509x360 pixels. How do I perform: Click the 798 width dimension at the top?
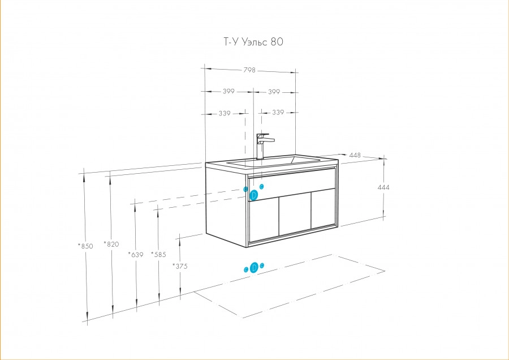[249, 71]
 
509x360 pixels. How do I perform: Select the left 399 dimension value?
[228, 91]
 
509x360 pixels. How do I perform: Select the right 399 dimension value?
[274, 91]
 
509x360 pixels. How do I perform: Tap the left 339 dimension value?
[225, 113]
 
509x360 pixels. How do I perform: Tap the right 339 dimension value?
[278, 113]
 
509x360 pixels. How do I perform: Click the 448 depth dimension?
[355, 155]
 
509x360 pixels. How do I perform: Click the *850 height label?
[86, 246]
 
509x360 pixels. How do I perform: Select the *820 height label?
[111, 245]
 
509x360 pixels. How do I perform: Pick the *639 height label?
[136, 254]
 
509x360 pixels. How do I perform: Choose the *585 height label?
[158, 254]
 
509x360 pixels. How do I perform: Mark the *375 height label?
[180, 265]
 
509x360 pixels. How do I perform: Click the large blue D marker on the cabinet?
[254, 195]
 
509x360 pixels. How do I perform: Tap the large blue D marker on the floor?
[254, 267]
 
